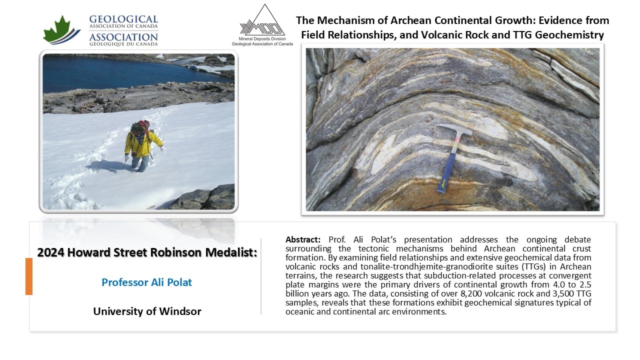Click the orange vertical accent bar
29,276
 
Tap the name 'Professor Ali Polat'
147,282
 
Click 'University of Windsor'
147,311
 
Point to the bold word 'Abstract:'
302,239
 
